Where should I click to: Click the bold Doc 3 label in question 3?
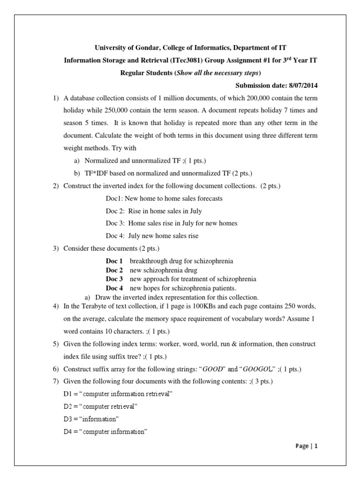click(114, 279)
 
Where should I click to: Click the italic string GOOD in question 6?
click(198, 369)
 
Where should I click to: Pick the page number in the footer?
click(316, 446)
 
